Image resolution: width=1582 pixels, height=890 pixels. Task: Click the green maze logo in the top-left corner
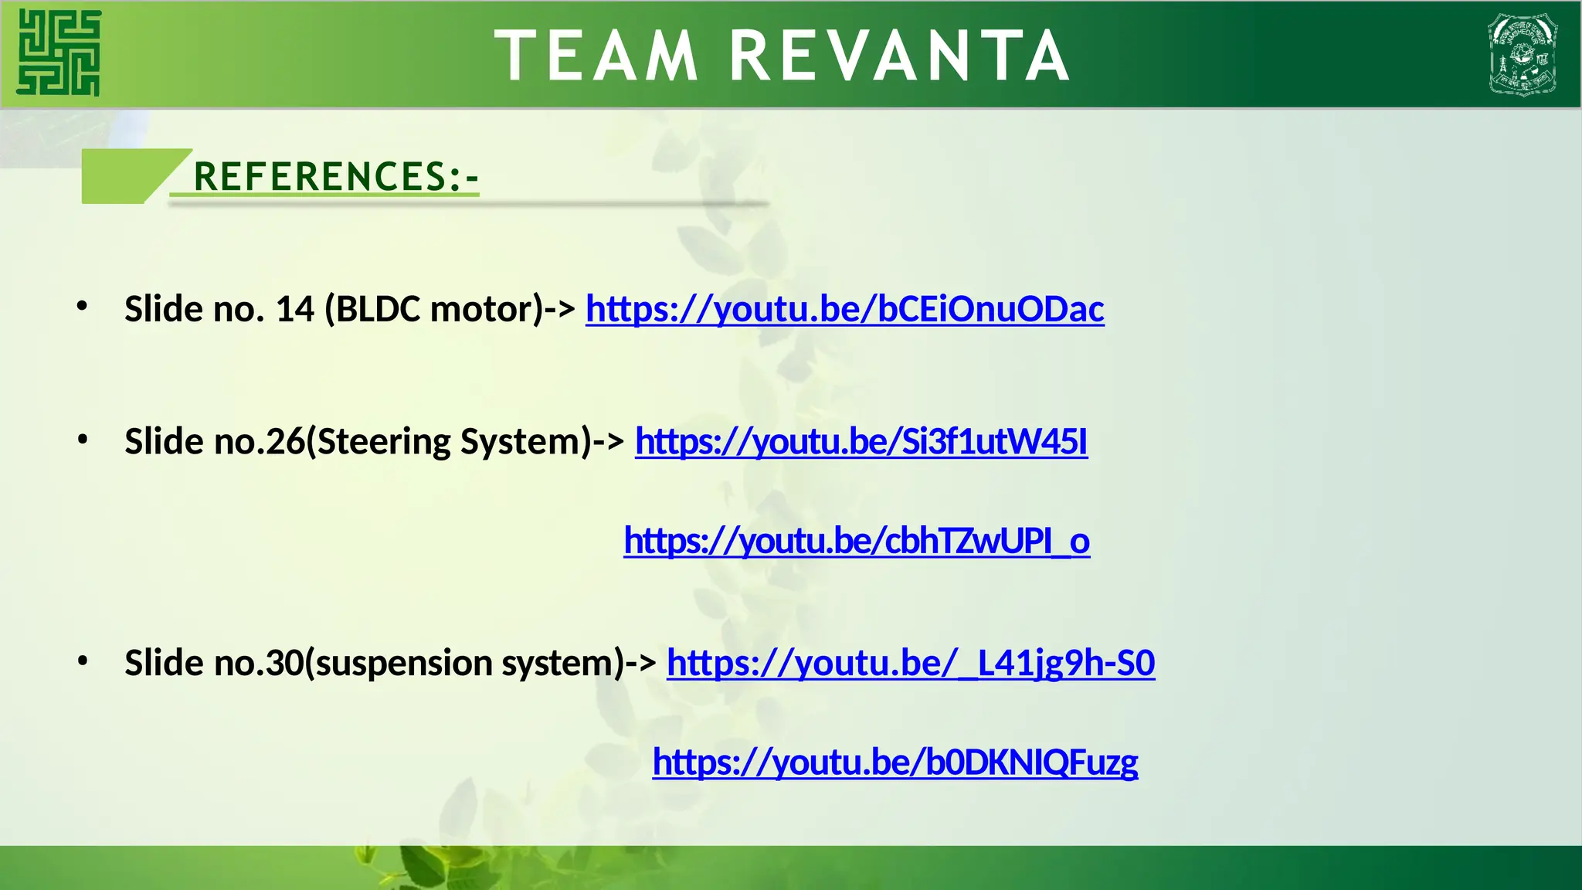coord(59,53)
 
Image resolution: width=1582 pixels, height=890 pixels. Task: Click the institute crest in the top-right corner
coord(1523,54)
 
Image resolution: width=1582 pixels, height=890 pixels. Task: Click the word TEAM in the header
coord(596,56)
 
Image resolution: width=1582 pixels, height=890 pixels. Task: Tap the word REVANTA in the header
coord(899,56)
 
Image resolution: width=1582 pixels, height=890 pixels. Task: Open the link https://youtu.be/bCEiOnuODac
coord(844,309)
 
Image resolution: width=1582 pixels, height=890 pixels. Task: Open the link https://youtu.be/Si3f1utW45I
coord(861,441)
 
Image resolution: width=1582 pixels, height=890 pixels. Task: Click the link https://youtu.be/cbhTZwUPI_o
coord(857,541)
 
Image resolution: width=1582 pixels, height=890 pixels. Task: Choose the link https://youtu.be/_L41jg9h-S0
coord(911,663)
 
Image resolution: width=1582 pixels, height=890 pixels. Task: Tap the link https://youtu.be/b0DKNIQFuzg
coord(895,763)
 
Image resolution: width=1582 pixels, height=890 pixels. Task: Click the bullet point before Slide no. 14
coord(83,307)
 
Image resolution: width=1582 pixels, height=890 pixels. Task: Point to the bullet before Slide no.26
coord(83,440)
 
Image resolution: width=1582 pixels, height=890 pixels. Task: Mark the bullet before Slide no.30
coord(83,661)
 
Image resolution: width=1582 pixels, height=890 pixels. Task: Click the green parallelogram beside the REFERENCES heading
coord(127,176)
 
